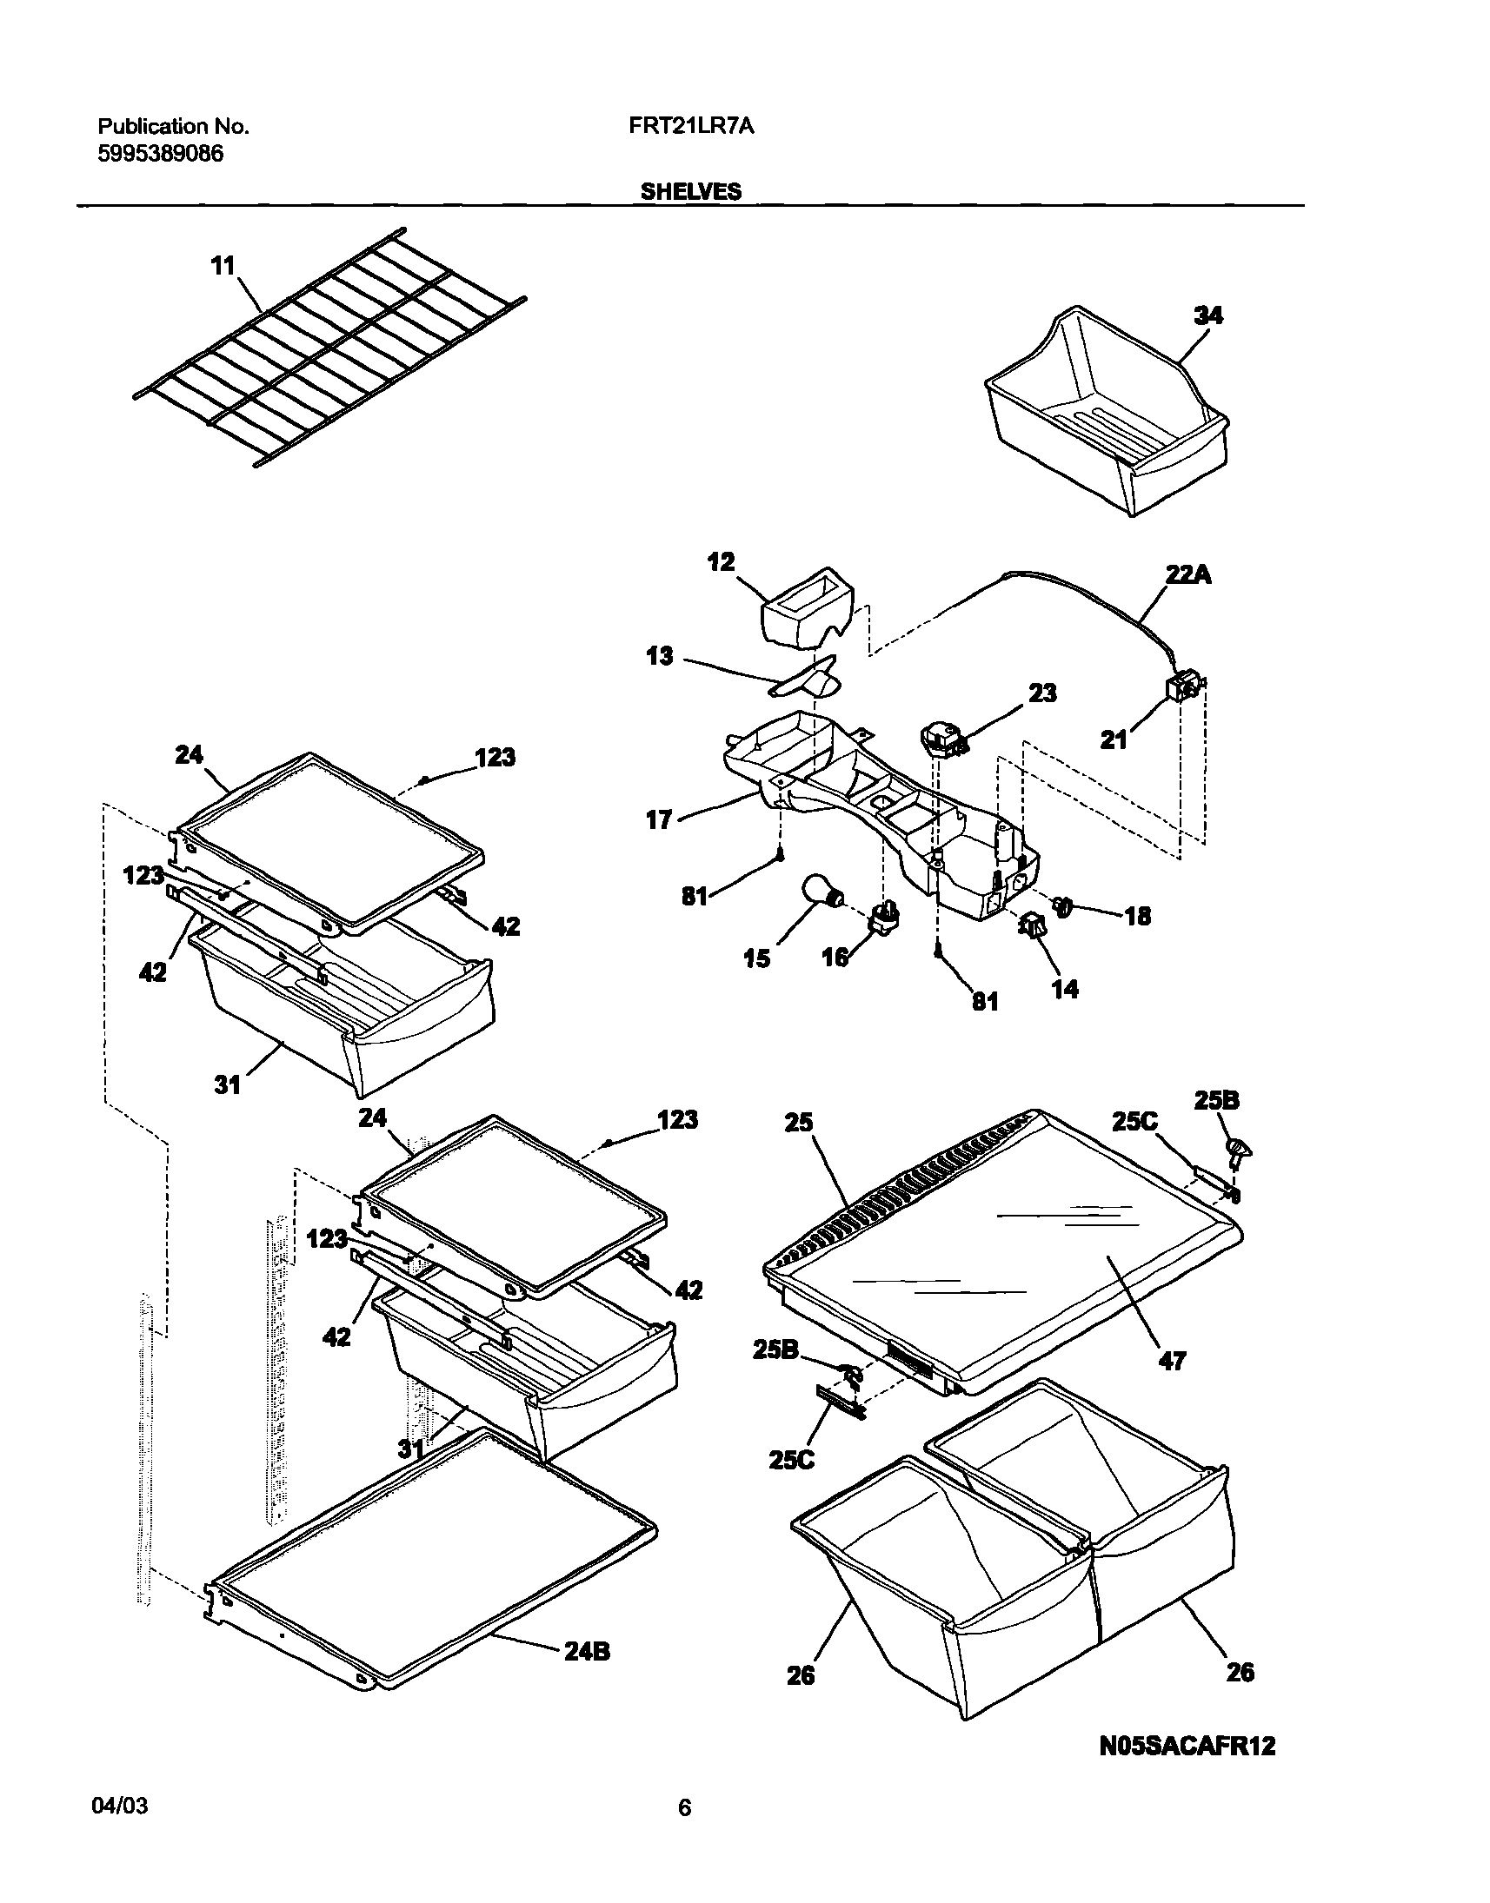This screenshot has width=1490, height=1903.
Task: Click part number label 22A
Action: [1188, 574]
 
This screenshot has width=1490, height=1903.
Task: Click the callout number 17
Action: [659, 819]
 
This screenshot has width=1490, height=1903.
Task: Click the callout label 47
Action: [1172, 1360]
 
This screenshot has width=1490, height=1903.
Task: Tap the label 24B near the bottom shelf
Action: [587, 1651]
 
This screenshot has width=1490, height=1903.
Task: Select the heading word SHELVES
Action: [691, 191]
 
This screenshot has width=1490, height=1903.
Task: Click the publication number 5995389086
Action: [161, 154]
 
